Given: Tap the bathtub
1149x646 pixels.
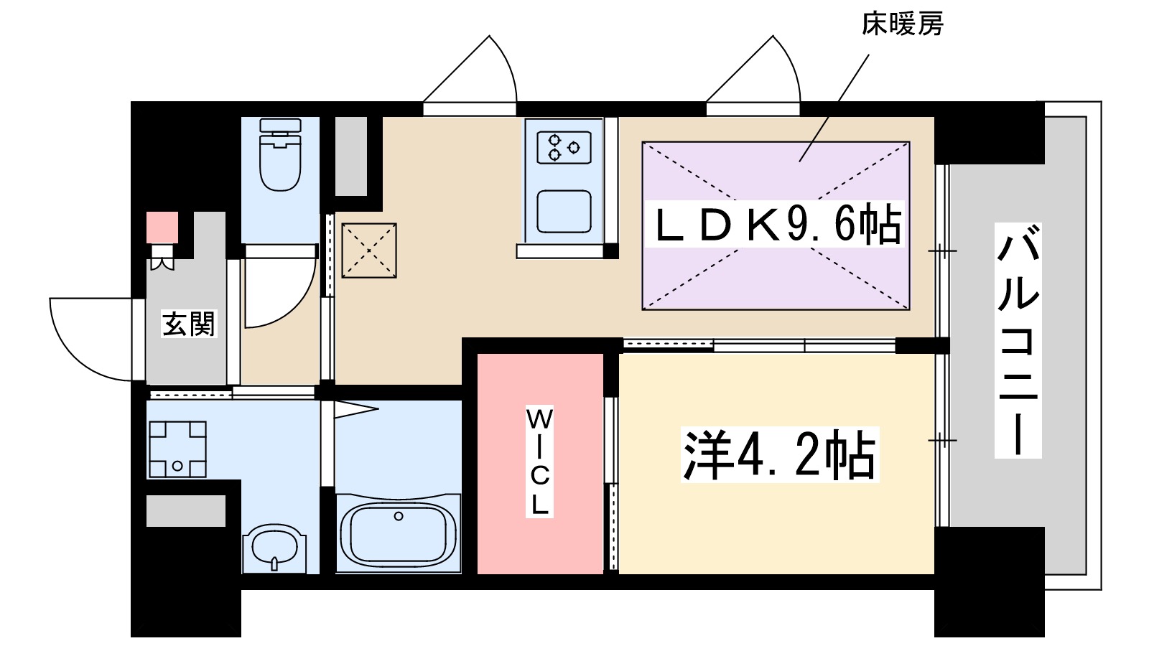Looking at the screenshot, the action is pyautogui.click(x=398, y=533).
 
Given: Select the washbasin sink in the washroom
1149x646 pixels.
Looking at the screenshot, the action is pyautogui.click(x=274, y=547).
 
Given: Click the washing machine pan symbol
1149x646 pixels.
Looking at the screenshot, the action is pyautogui.click(x=177, y=449).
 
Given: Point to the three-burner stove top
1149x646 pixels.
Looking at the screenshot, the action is pyautogui.click(x=564, y=148).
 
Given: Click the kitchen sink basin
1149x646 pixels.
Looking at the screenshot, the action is pyautogui.click(x=564, y=212).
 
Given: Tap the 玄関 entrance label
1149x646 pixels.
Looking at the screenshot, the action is pyautogui.click(x=188, y=324).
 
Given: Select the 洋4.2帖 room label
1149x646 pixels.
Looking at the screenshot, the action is pyautogui.click(x=780, y=455).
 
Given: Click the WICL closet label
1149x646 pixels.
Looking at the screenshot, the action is pyautogui.click(x=539, y=462).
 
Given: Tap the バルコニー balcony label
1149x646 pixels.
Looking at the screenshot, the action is pyautogui.click(x=1018, y=340).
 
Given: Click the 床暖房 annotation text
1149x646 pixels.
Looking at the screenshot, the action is pyautogui.click(x=902, y=24).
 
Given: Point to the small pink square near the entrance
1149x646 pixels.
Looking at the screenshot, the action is pyautogui.click(x=162, y=228).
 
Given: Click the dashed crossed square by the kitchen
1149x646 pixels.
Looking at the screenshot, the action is pyautogui.click(x=369, y=251).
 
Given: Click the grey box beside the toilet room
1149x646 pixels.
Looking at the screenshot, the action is pyautogui.click(x=351, y=156).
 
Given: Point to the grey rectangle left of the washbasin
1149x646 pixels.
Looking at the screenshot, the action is pyautogui.click(x=186, y=510).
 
